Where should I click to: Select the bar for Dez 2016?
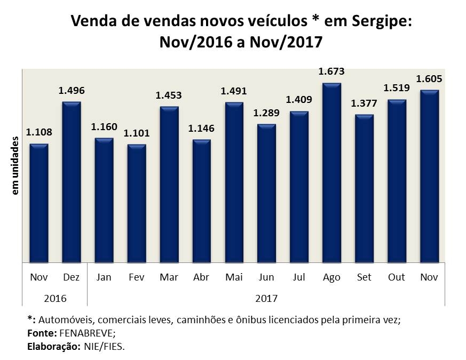(x=72, y=182)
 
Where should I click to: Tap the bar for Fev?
(x=137, y=203)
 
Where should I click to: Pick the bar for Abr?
(x=202, y=201)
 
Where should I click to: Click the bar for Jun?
(x=266, y=193)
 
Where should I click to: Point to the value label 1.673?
(x=331, y=71)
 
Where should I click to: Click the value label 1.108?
(x=39, y=132)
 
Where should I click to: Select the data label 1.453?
(x=169, y=95)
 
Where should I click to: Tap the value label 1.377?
(x=364, y=103)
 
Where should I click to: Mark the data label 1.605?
(x=429, y=78)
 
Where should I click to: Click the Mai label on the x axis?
(x=234, y=277)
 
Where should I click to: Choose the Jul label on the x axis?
(x=299, y=277)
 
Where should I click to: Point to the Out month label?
(x=397, y=277)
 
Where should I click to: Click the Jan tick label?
(x=104, y=277)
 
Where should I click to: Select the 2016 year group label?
(x=55, y=298)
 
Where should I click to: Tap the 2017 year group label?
(x=266, y=298)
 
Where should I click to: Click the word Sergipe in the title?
(x=382, y=22)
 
